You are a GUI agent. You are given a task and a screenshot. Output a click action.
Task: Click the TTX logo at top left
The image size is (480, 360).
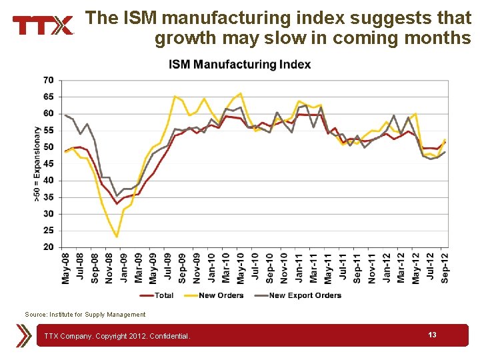click(43, 25)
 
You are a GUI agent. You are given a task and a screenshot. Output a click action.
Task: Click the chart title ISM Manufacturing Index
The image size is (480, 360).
click(239, 65)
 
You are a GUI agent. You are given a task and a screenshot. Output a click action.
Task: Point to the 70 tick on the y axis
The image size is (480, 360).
click(49, 80)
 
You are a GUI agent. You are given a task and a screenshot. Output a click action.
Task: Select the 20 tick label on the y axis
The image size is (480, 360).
click(49, 247)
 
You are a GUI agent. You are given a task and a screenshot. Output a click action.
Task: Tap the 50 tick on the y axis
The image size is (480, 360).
click(49, 147)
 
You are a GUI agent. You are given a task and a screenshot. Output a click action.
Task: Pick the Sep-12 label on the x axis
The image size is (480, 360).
click(445, 268)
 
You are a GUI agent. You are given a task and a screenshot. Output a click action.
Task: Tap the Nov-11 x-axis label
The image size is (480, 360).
click(372, 268)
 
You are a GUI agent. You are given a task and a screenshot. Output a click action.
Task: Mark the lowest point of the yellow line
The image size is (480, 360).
click(117, 237)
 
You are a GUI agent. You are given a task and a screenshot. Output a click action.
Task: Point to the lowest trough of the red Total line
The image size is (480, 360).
click(117, 203)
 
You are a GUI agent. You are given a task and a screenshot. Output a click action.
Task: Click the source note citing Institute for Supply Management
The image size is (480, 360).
click(85, 315)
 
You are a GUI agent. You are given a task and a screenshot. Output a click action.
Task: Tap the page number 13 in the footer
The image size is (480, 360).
click(432, 335)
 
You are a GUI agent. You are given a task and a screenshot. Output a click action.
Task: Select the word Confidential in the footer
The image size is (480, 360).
click(169, 336)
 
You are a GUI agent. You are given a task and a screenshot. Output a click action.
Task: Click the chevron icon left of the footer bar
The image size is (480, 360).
click(25, 335)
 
